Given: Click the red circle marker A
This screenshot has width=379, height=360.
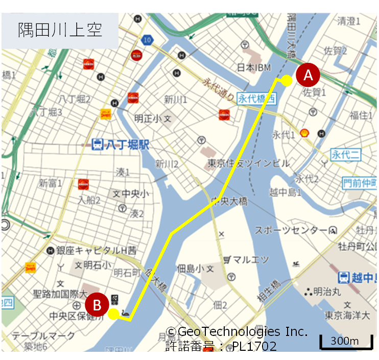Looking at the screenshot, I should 308,76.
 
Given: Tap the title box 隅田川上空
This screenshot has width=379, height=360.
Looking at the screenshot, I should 60,29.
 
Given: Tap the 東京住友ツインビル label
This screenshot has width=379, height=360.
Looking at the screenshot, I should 249,164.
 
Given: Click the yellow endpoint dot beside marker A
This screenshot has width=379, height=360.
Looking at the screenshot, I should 287,80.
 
